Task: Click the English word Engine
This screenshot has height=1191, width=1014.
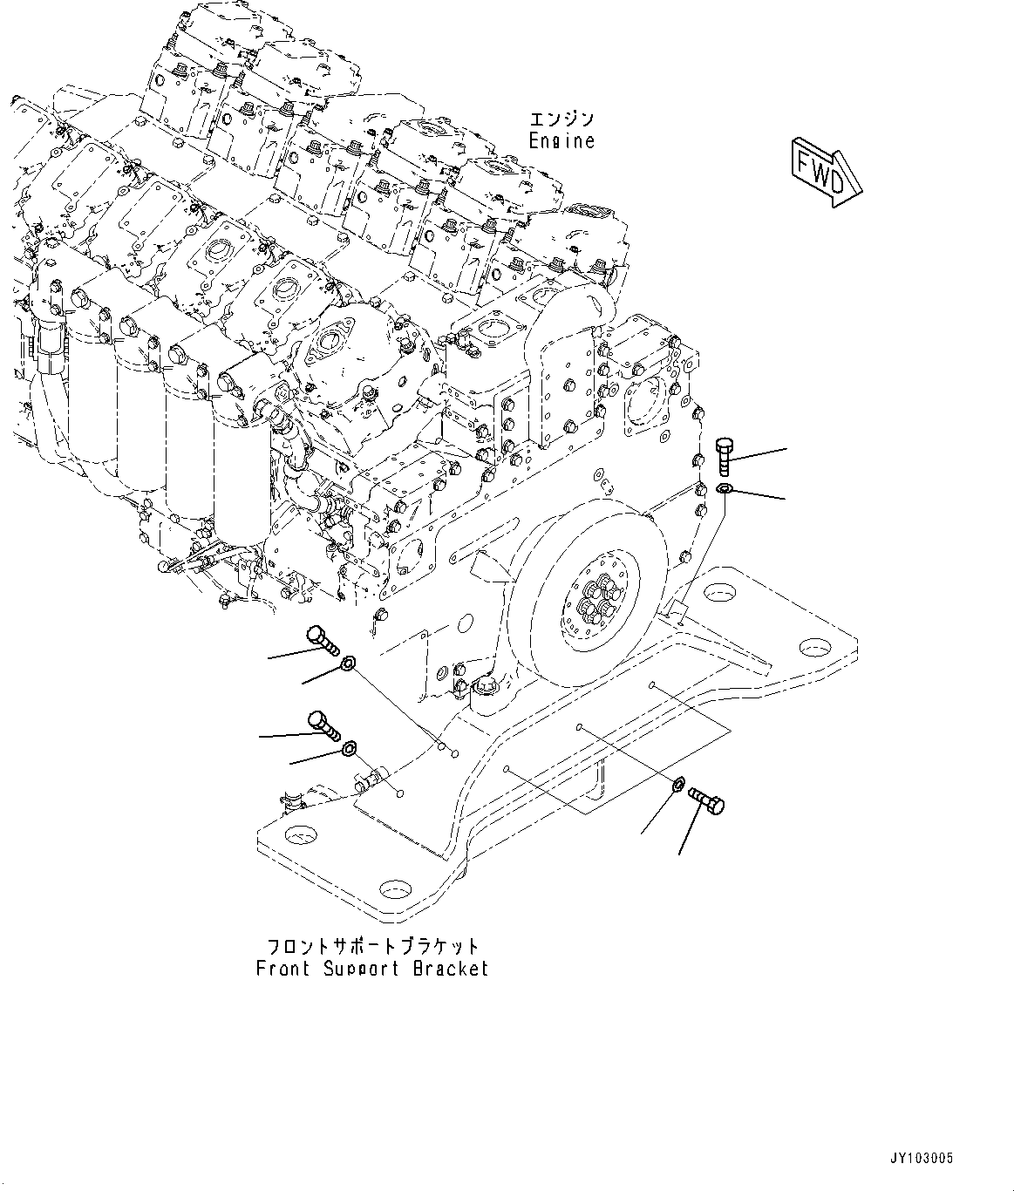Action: click(562, 141)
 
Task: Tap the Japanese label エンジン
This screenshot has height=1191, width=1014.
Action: click(562, 119)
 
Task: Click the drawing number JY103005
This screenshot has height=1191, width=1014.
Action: click(922, 1159)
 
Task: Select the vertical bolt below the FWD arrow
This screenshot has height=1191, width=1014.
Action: click(725, 457)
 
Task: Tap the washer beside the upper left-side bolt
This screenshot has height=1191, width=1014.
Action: click(347, 665)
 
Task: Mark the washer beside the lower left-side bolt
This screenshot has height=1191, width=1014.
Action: click(350, 747)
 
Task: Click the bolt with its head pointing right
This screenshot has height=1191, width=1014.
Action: click(706, 800)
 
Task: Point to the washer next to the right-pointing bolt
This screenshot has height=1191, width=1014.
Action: click(677, 784)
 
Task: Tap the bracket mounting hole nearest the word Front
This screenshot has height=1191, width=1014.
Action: click(396, 890)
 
